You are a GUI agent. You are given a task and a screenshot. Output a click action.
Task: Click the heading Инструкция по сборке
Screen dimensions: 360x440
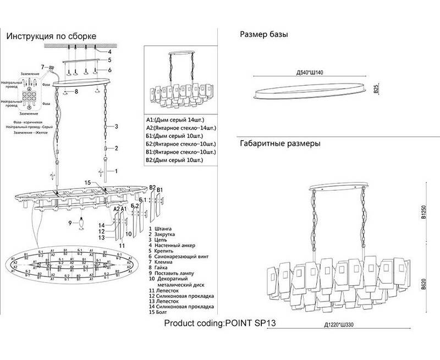point(51,36)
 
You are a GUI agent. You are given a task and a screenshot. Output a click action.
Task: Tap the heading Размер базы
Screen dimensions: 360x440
point(264,35)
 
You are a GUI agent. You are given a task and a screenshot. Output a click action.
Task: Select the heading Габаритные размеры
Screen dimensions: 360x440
point(280,145)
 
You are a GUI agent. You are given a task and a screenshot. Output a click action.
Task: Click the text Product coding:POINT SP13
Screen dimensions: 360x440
point(219,323)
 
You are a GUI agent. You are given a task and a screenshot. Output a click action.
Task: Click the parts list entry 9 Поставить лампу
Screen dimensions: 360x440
point(174,273)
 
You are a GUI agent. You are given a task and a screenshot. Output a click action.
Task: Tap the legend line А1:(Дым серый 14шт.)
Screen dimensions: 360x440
point(174,119)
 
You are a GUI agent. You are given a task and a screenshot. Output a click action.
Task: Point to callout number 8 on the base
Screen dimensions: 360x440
point(76,91)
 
